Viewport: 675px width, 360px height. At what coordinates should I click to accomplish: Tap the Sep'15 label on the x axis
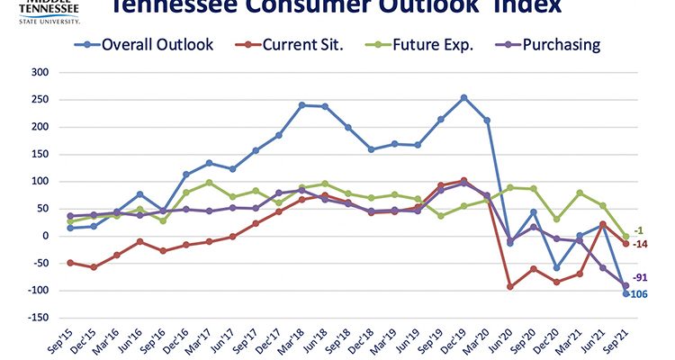point(59,340)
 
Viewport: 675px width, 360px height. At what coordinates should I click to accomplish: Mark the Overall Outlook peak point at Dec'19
point(464,97)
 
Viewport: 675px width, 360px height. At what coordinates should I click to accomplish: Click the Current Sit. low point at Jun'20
point(510,286)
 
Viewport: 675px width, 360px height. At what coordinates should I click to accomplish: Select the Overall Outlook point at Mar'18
point(301,105)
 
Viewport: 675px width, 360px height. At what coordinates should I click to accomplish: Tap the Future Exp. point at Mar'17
point(209,183)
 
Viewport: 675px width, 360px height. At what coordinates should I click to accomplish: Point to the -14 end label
point(640,245)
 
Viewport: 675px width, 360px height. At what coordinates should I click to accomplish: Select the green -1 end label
point(638,230)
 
